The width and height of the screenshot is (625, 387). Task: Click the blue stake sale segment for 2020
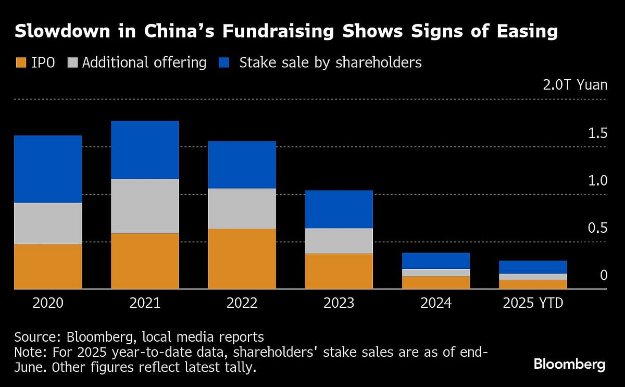point(48,169)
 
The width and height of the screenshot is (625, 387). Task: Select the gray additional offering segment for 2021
point(145,206)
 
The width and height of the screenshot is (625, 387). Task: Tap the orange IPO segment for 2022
point(242,258)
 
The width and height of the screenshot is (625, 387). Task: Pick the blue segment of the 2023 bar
point(339,209)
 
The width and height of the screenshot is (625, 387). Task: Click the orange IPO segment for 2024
point(435,282)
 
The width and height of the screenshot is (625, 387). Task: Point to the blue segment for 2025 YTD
point(532,267)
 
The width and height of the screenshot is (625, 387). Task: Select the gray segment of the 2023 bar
point(339,241)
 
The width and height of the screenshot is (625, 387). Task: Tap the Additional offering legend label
point(144,63)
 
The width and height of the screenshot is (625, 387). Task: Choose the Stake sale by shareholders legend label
point(330,63)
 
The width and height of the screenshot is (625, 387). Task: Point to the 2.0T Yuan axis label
point(575,85)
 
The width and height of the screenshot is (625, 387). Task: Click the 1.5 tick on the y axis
point(597,133)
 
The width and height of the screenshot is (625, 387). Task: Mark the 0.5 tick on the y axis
point(597,228)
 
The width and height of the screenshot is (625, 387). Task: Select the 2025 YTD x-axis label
point(533,303)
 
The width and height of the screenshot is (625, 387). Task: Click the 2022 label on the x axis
point(242,303)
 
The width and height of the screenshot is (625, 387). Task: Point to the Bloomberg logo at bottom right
point(569,364)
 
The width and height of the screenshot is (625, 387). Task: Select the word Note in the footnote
point(29,352)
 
